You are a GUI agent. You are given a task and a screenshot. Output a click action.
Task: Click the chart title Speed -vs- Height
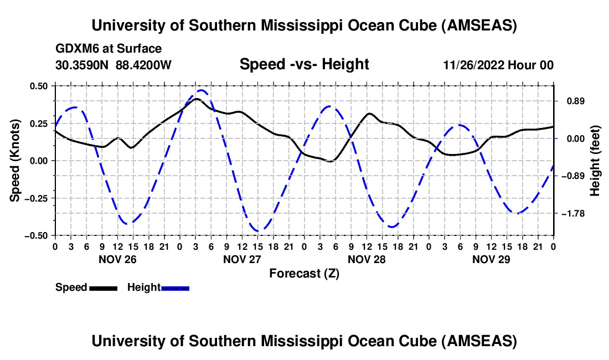(304, 65)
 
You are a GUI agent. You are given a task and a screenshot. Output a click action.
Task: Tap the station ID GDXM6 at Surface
(109, 49)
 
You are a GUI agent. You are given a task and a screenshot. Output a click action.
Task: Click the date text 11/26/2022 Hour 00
(498, 65)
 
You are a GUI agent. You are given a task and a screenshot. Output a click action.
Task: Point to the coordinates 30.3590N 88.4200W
(113, 65)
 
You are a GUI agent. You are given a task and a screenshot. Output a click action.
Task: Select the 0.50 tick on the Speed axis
(39, 86)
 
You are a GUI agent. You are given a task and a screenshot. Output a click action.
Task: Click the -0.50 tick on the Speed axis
(37, 235)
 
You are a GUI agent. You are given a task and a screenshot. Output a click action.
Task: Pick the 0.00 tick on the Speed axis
(39, 161)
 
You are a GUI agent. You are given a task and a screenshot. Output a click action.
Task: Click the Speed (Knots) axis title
(17, 161)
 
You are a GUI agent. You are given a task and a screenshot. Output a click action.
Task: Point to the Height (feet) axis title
(595, 161)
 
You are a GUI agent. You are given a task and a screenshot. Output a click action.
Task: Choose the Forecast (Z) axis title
(304, 273)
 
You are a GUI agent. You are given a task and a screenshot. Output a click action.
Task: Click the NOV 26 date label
(117, 259)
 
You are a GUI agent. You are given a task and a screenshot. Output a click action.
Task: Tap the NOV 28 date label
(367, 259)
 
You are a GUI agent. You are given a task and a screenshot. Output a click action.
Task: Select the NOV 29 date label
(491, 259)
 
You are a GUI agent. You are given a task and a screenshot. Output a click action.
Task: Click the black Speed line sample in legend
(103, 288)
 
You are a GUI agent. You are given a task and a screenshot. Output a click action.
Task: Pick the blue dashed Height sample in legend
(175, 288)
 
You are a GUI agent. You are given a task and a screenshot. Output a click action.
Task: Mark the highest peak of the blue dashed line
(202, 90)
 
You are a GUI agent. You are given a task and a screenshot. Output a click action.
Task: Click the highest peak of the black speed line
(196, 99)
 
